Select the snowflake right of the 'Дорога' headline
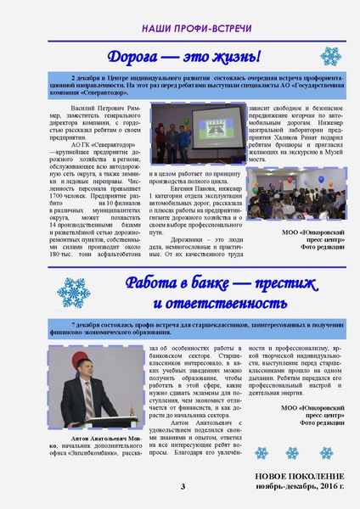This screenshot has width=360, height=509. (x=330, y=56)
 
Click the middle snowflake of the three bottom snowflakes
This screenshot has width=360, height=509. (x=292, y=453)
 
